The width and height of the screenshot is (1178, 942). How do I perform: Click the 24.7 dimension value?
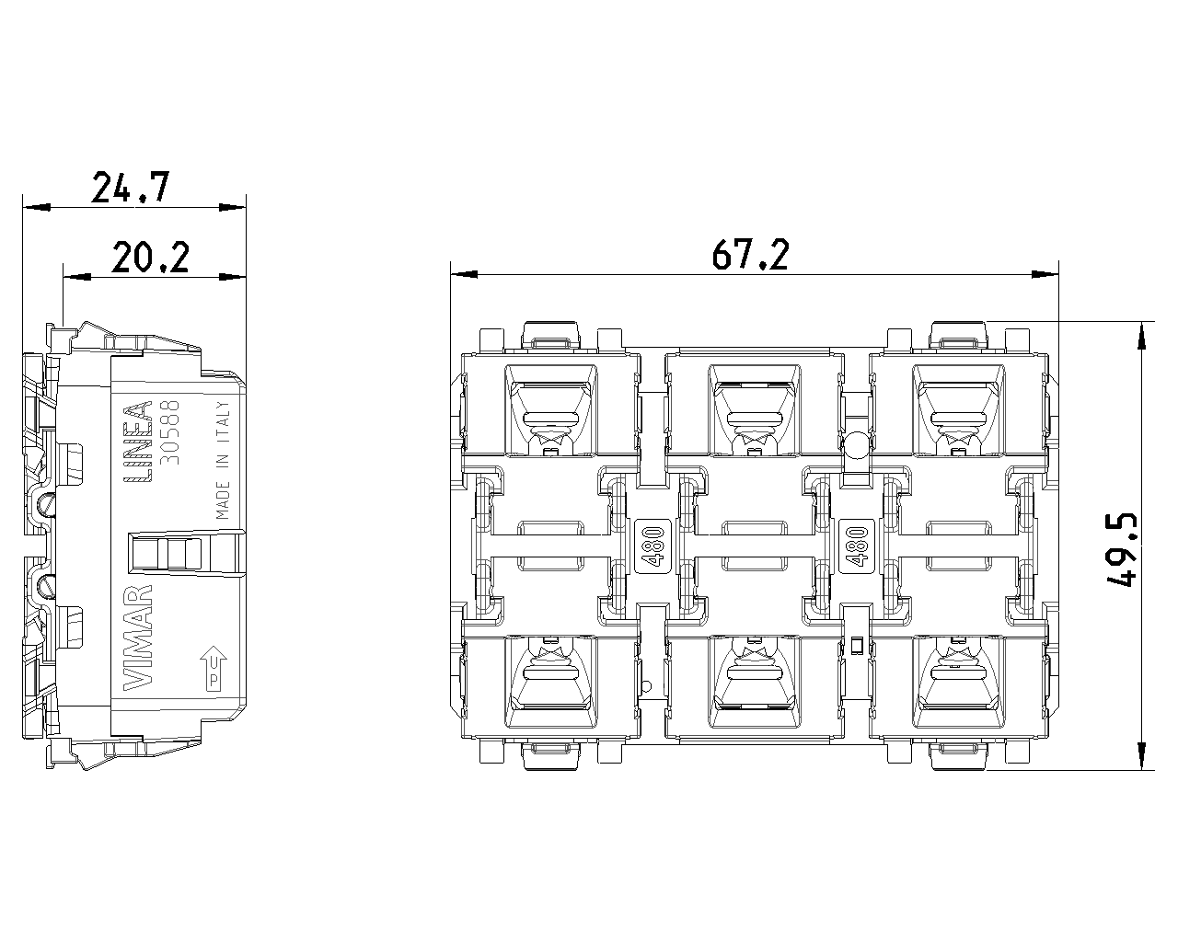131,188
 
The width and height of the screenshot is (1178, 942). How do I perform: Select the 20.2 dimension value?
150,258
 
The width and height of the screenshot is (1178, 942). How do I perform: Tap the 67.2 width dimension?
750,256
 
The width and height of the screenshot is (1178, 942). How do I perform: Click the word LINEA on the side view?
137,442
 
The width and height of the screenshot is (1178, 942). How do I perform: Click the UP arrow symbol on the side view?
213,664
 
